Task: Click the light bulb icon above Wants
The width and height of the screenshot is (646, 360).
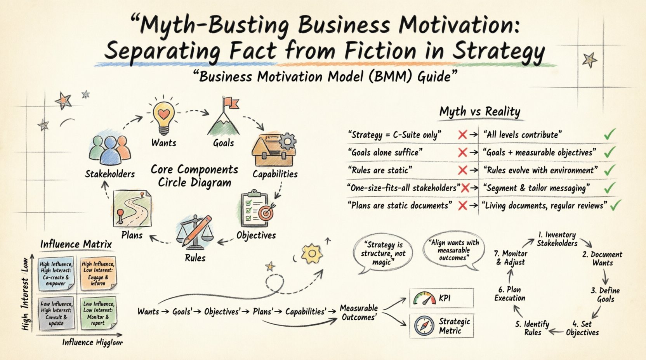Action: [163, 116]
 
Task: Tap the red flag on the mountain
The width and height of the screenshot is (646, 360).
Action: [230, 103]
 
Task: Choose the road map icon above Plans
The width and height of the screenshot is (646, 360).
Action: [132, 209]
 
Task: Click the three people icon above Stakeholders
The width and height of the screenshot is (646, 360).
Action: [109, 149]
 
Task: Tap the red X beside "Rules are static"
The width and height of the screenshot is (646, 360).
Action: [462, 170]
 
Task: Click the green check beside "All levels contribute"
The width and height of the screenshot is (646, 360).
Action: [610, 135]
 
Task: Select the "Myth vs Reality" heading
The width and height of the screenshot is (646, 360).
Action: [479, 112]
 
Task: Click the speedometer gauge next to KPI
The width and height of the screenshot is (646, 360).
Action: [424, 298]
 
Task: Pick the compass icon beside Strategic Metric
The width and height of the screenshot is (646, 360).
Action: [424, 326]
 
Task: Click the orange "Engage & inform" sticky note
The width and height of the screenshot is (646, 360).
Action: [97, 273]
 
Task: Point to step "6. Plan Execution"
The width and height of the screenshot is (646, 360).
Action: [509, 294]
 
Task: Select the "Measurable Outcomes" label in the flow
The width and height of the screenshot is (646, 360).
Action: [358, 312]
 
